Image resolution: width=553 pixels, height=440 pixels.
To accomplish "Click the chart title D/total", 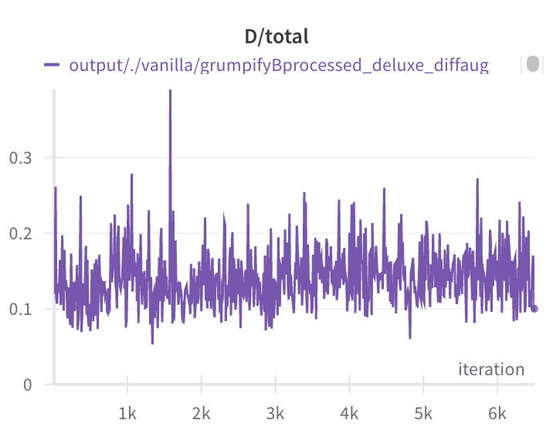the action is tap(276, 37).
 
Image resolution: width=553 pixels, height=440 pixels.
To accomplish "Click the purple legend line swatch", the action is tap(52, 65).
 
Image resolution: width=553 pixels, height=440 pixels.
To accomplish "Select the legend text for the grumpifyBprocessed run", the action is tap(279, 66).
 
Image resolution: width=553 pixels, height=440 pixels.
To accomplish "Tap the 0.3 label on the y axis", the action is tap(20, 158).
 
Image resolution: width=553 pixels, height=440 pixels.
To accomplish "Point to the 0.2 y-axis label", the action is tap(20, 233).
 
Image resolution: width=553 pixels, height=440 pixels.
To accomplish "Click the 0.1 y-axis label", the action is tap(20, 310).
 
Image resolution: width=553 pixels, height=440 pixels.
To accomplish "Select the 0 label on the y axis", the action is tap(28, 384).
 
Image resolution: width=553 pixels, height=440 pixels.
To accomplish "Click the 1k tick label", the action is tap(127, 414).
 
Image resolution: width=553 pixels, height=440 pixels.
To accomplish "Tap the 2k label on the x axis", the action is tap(201, 414).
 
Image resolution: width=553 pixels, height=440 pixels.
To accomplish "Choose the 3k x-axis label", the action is tap(275, 414).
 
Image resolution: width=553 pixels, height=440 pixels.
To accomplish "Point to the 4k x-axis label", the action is tap(349, 414).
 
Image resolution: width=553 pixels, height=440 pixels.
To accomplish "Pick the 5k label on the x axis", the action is tap(423, 414).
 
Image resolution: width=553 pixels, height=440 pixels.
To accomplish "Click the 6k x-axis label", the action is tap(497, 414).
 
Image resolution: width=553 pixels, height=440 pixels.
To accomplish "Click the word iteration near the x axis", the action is tap(491, 369).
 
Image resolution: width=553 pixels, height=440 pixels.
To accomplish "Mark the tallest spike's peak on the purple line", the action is tap(171, 90).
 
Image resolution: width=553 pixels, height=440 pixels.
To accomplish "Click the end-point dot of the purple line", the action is tap(534, 309).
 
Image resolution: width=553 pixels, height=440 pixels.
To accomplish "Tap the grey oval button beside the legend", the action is tap(533, 64).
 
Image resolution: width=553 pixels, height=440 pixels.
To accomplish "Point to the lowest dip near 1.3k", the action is tap(152, 343).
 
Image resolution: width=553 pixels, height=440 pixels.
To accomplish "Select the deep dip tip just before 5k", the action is tap(410, 338).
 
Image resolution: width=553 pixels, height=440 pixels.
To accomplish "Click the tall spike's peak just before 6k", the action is tap(477, 179).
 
